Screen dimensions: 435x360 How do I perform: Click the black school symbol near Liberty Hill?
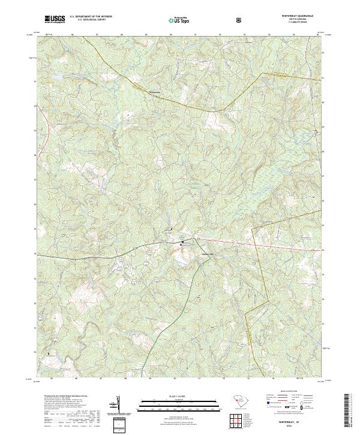point(183,243)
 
